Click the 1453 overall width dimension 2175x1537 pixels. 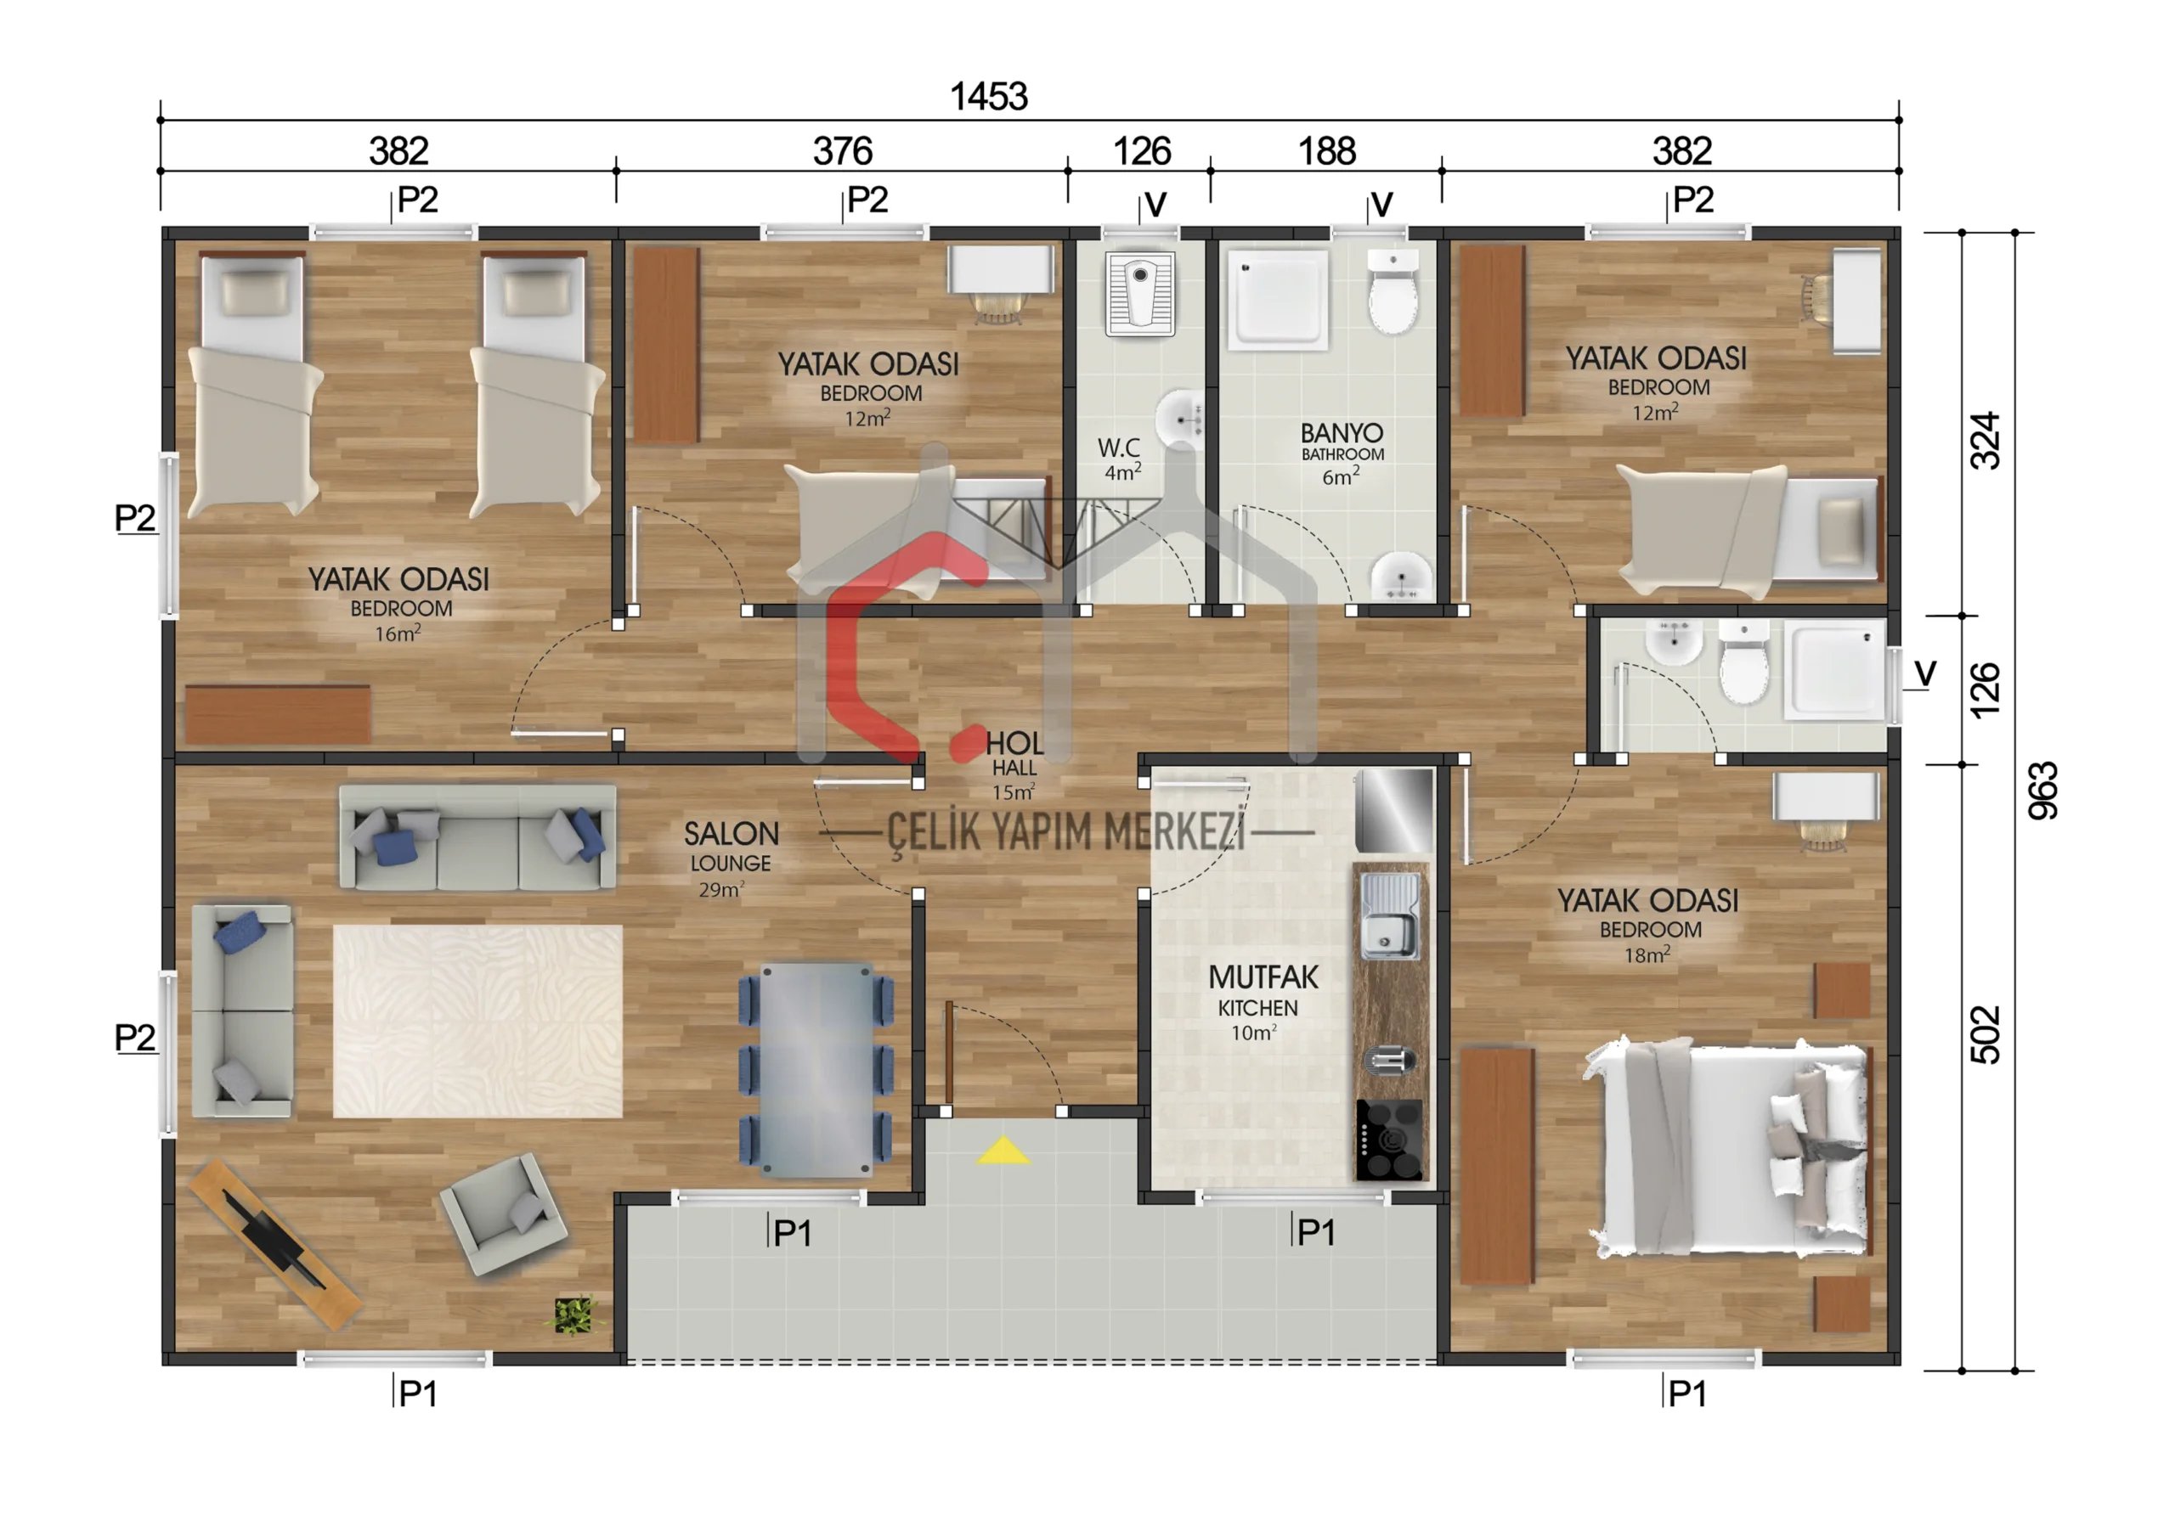988,96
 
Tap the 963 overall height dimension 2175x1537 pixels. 2042,790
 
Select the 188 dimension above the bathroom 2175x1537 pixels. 1326,150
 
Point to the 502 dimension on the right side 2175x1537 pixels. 1985,1034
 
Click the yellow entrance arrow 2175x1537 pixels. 1003,1151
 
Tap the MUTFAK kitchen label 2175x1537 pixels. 1263,977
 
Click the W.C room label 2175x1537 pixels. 1118,447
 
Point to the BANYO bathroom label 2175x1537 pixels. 1342,433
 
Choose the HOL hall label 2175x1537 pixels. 1014,742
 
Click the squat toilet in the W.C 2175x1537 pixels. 1139,295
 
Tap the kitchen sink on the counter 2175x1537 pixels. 1390,915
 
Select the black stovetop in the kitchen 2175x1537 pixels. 1389,1140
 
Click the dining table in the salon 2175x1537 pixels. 816,1070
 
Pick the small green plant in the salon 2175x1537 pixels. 573,1315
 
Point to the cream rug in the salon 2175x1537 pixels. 477,1021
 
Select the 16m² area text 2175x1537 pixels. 397,633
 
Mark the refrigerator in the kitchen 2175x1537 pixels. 1393,810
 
